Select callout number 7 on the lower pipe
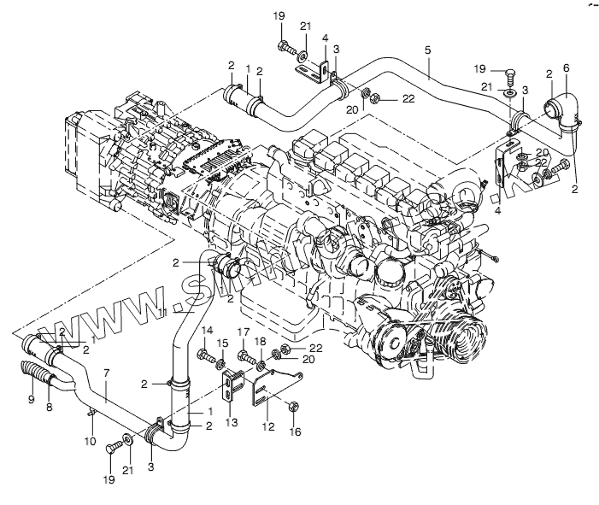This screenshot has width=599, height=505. (106, 373)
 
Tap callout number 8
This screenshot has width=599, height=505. (49, 408)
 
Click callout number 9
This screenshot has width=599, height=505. (31, 397)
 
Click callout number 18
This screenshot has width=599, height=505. (259, 342)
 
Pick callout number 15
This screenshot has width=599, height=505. (222, 344)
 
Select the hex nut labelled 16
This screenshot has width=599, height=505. (294, 408)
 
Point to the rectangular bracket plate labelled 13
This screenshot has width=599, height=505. (232, 390)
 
